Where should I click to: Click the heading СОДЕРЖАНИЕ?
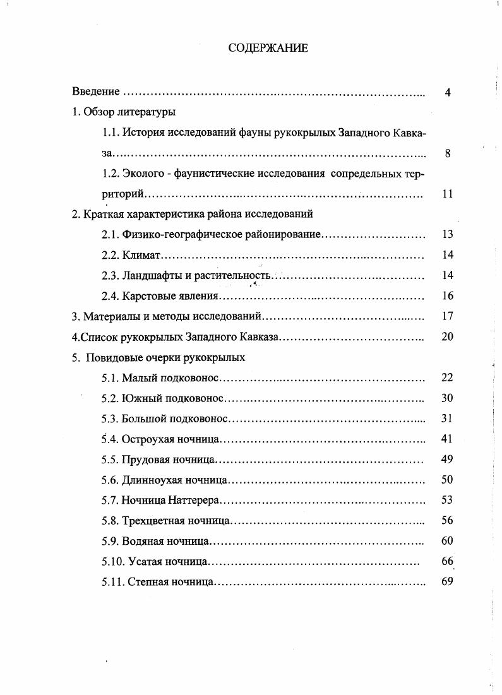[268, 47]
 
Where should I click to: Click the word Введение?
[96, 92]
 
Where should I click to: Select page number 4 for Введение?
[447, 93]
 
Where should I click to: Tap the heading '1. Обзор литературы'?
[124, 112]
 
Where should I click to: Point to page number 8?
[447, 153]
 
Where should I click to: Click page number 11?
[447, 194]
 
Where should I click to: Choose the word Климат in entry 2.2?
[143, 255]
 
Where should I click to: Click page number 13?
[447, 235]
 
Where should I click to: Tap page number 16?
[447, 295]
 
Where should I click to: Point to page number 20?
[447, 336]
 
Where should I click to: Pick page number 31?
[447, 419]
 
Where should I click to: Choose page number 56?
[447, 521]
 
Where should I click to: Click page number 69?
[447, 581]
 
